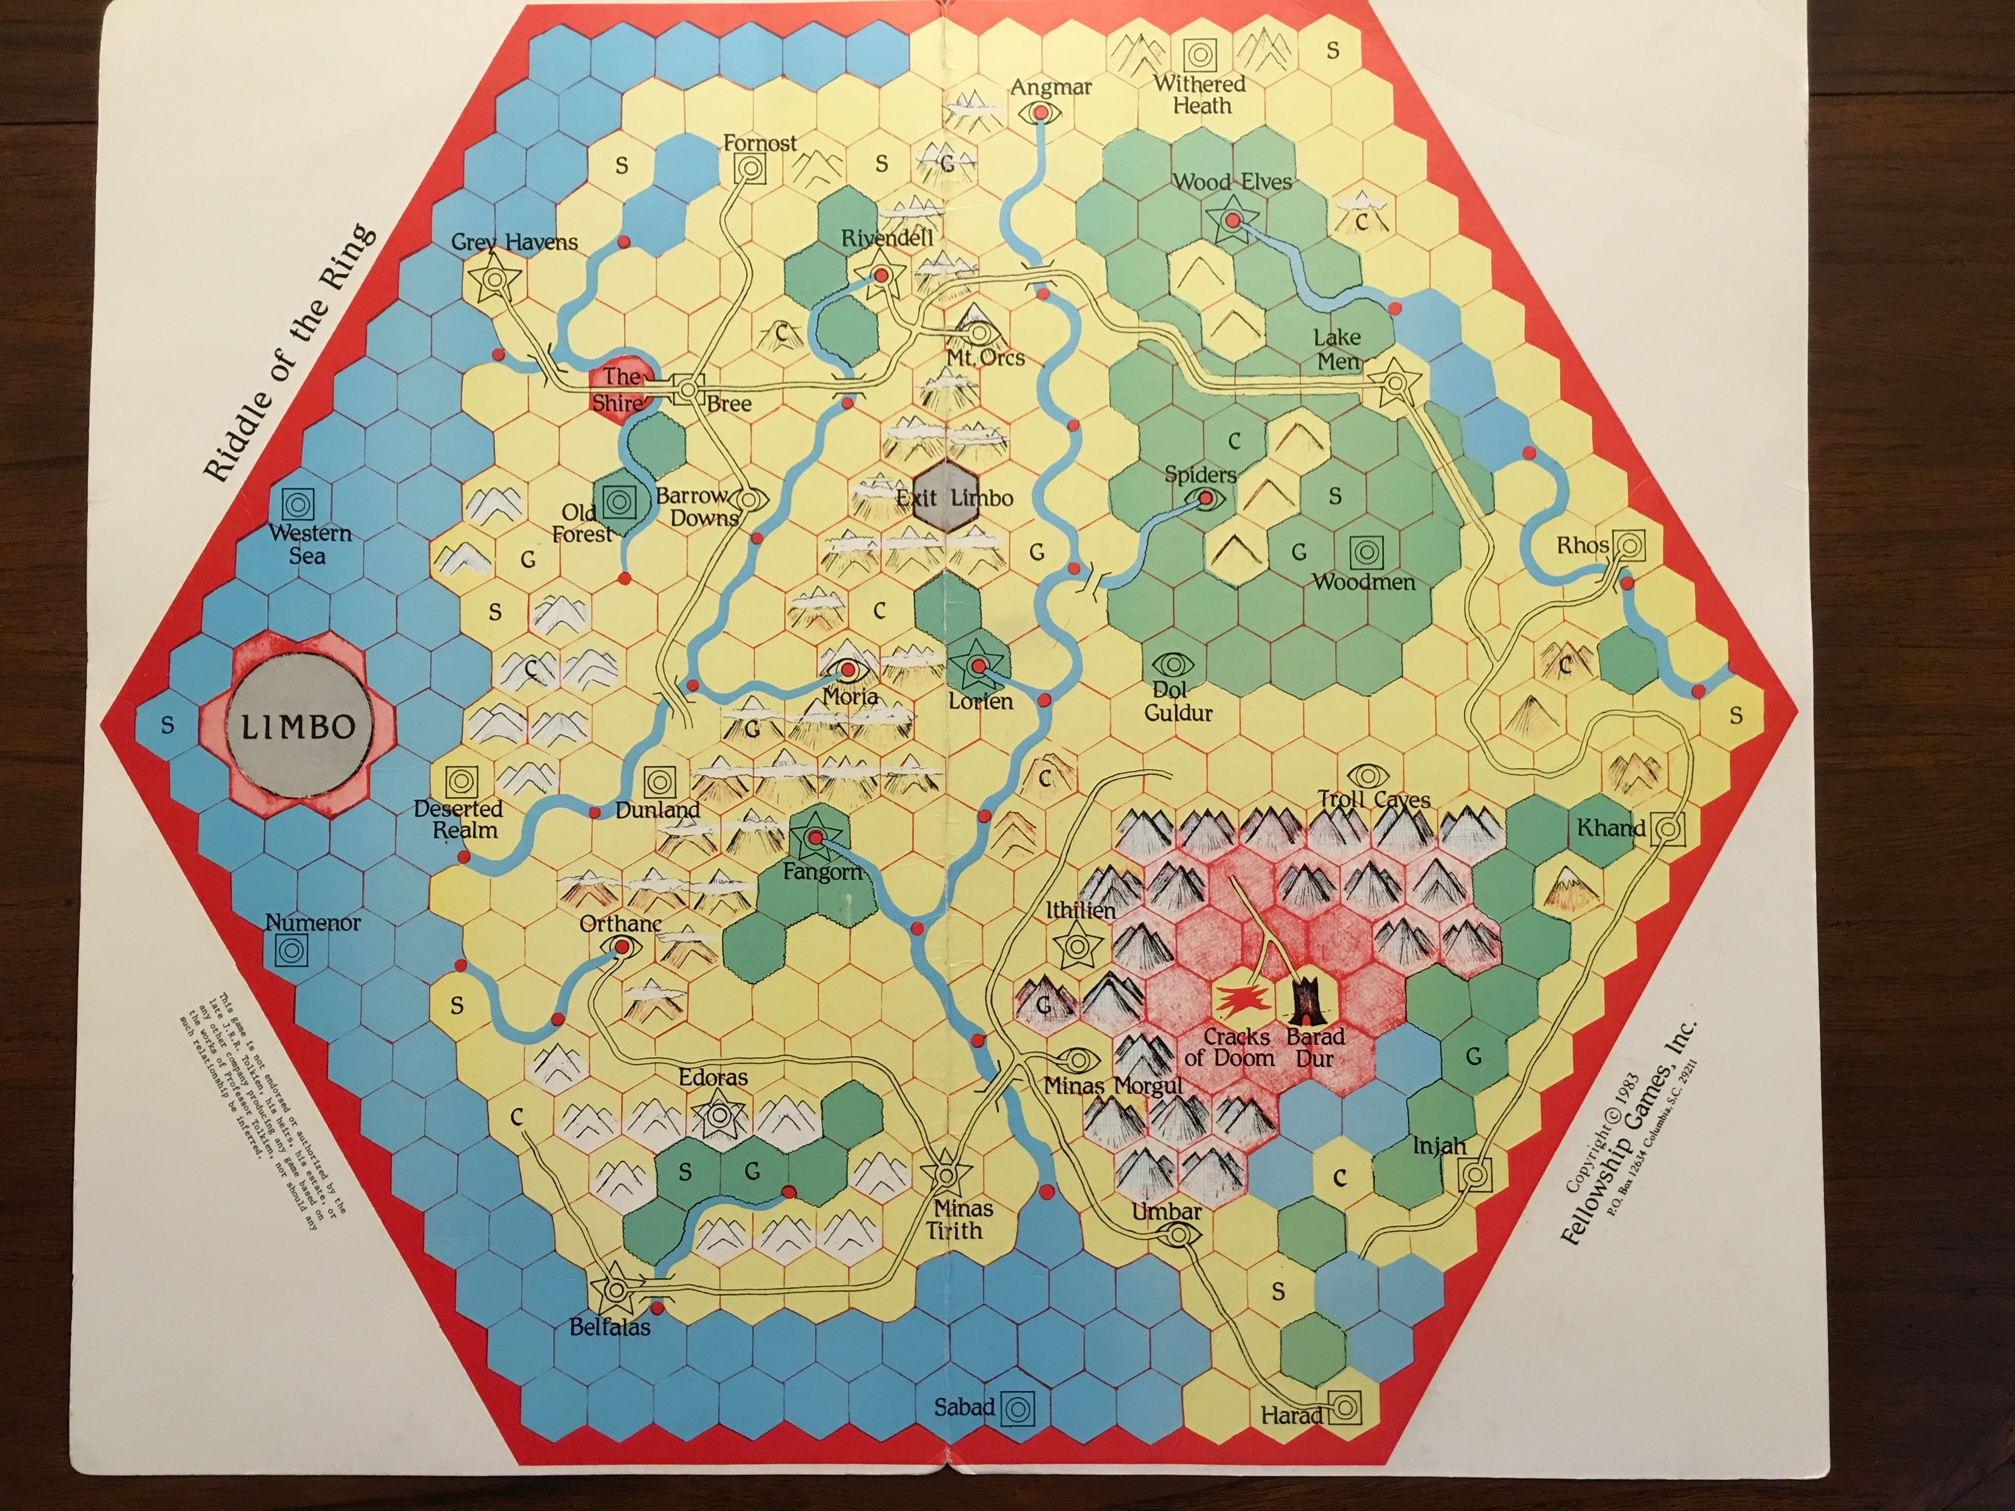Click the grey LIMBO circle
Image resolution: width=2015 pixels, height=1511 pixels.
pos(298,726)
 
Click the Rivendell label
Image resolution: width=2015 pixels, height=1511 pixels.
pos(887,239)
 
